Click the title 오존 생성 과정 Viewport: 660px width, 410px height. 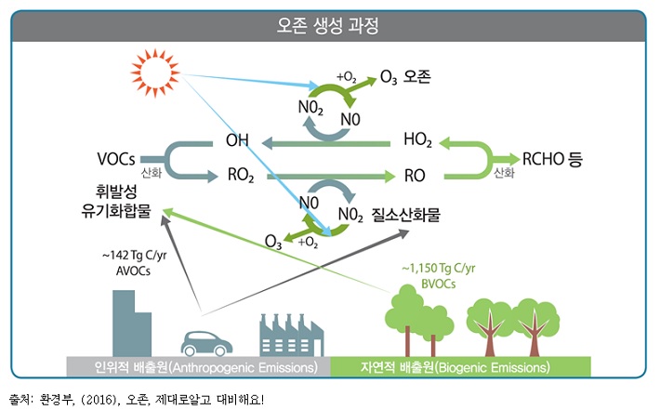pyautogui.click(x=330, y=24)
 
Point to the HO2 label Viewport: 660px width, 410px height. pyautogui.click(x=417, y=141)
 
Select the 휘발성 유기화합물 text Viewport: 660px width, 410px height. pyautogui.click(x=116, y=205)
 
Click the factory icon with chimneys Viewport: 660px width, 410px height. pyautogui.click(x=291, y=334)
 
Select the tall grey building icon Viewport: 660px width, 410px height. pyautogui.click(x=131, y=322)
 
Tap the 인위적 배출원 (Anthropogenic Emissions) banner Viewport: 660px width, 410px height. pyautogui.click(x=199, y=367)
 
